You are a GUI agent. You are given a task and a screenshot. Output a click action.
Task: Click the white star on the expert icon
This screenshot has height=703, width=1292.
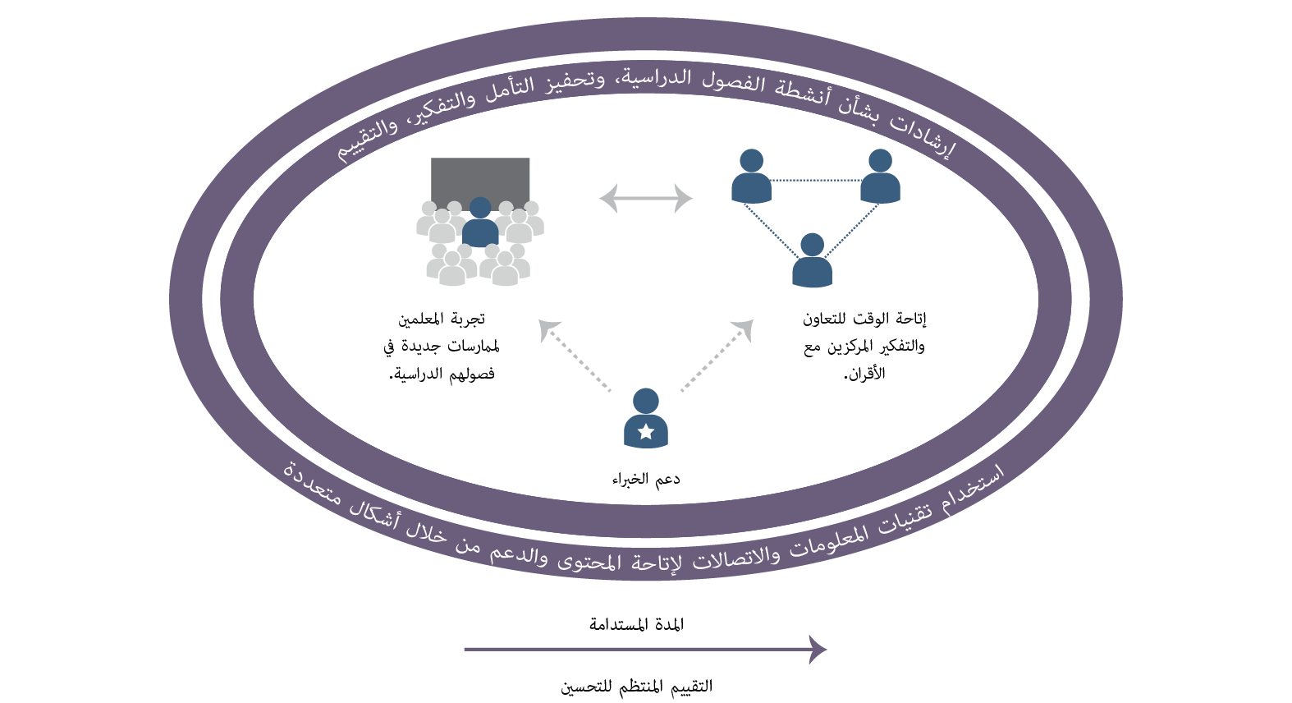click(x=645, y=431)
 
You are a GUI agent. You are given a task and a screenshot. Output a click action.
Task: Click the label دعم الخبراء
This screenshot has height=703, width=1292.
click(x=646, y=479)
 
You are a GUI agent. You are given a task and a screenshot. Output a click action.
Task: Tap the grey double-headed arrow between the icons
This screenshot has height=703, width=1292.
click(x=646, y=198)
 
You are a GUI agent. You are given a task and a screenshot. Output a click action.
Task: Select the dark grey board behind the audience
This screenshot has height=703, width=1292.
click(x=480, y=177)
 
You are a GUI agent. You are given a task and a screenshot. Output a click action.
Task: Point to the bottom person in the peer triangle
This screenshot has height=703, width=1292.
click(x=812, y=261)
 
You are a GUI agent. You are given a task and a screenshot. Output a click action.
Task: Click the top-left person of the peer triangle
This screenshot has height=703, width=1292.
click(x=751, y=177)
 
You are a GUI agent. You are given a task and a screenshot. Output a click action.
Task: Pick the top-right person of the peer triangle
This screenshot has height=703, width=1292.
click(x=880, y=177)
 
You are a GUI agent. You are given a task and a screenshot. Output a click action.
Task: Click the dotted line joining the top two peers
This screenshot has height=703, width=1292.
click(x=815, y=180)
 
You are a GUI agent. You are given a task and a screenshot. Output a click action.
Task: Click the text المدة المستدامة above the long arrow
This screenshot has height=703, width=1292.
click(x=636, y=624)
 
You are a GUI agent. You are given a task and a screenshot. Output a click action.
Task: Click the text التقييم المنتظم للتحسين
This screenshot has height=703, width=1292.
click(x=636, y=687)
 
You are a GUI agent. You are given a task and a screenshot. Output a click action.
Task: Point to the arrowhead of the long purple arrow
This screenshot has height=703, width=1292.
click(x=818, y=649)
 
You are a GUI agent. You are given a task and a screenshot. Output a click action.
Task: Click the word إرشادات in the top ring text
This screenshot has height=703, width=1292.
click(x=924, y=136)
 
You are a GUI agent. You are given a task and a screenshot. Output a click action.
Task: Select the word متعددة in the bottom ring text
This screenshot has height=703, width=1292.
click(x=313, y=483)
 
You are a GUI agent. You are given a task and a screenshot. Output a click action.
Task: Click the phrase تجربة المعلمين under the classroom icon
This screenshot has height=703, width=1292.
click(x=442, y=319)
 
